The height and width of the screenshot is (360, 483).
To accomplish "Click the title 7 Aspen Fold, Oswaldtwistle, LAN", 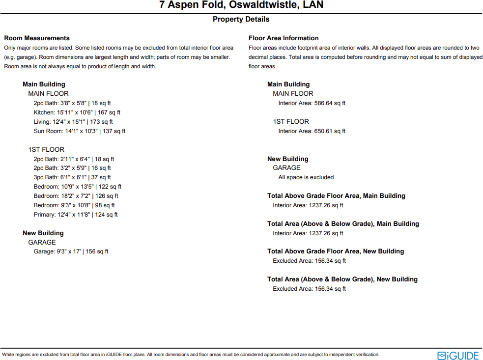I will pyautogui.click(x=241, y=5).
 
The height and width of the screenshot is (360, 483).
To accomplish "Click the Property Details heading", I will pyautogui.click(x=241, y=19).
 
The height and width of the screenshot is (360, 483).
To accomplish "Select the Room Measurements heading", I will pyautogui.click(x=37, y=38).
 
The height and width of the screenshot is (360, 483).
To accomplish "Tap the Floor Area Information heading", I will pyautogui.click(x=284, y=38).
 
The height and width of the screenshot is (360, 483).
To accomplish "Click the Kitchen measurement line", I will pyautogui.click(x=77, y=112).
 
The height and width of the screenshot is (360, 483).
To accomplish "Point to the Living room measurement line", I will pyautogui.click(x=73, y=122).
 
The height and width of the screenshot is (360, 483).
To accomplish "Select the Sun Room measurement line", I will pyautogui.click(x=80, y=131).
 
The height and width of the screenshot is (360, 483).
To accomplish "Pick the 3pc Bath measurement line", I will pyautogui.click(x=72, y=177).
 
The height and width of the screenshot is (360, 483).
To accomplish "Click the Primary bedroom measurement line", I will pyautogui.click(x=76, y=215).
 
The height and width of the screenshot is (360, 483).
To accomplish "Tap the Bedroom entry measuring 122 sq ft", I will pyautogui.click(x=78, y=187).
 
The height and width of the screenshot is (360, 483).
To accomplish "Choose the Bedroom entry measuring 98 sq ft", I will pyautogui.click(x=74, y=205).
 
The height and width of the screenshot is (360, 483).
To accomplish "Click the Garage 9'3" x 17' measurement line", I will pyautogui.click(x=71, y=251).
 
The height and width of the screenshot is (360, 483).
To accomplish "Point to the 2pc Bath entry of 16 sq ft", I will pyautogui.click(x=73, y=168).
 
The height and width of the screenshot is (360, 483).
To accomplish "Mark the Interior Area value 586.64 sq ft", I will pyautogui.click(x=312, y=103).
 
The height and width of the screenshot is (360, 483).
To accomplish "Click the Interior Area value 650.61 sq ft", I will pyautogui.click(x=312, y=131).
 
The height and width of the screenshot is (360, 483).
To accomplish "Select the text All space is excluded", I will pyautogui.click(x=306, y=177).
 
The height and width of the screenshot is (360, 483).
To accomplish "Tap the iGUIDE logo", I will pyautogui.click(x=458, y=355).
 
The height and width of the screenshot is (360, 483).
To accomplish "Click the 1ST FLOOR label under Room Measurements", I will pyautogui.click(x=46, y=149).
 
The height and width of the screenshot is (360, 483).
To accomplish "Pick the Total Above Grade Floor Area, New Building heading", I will pyautogui.click(x=336, y=251).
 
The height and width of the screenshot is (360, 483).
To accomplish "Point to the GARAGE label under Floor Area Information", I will pyautogui.click(x=286, y=167).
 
